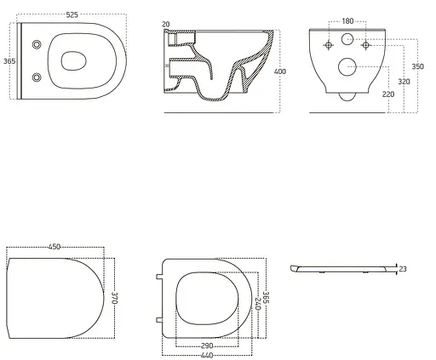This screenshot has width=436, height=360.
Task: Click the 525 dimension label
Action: coord(72,14)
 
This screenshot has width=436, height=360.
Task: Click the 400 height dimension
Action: coord(280,71)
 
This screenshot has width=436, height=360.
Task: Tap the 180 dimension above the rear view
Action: coord(347,21)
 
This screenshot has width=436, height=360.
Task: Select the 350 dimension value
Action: coord(418,66)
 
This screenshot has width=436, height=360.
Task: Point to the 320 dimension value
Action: coord(404,82)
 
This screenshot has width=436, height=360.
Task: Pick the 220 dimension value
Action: coord(388,94)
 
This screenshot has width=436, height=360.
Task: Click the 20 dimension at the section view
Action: coord(166,25)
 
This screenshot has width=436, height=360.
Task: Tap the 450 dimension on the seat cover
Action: coord(54,247)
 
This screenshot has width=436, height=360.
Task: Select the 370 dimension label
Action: coord(114,298)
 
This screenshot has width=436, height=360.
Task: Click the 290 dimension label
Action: coord(207,346)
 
